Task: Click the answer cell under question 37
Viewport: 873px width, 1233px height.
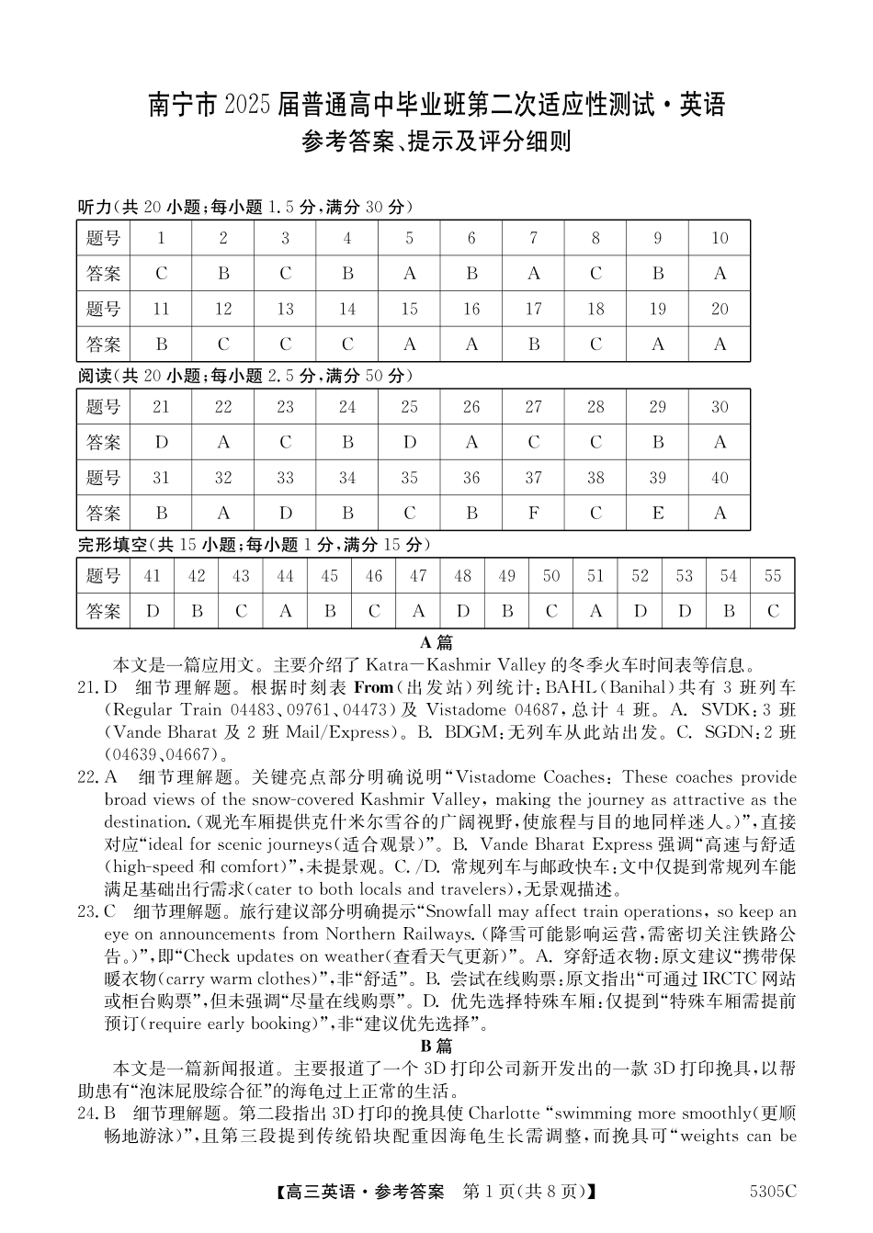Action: pos(534,513)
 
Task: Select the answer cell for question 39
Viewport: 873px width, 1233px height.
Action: pos(658,513)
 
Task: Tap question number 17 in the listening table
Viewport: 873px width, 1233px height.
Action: pos(534,309)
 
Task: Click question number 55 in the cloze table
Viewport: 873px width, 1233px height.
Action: pos(773,576)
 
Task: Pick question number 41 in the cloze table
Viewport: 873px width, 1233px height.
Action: pos(153,576)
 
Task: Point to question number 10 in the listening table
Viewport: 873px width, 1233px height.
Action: pos(720,238)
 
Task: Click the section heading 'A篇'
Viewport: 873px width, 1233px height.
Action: pos(436,642)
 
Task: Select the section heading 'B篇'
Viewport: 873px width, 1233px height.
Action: pos(436,1046)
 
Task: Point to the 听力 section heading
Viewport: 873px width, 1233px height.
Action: pos(95,207)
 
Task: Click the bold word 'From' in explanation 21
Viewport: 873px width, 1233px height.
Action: pos(373,687)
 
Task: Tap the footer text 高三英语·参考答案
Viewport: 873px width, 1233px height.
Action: pos(364,1192)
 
